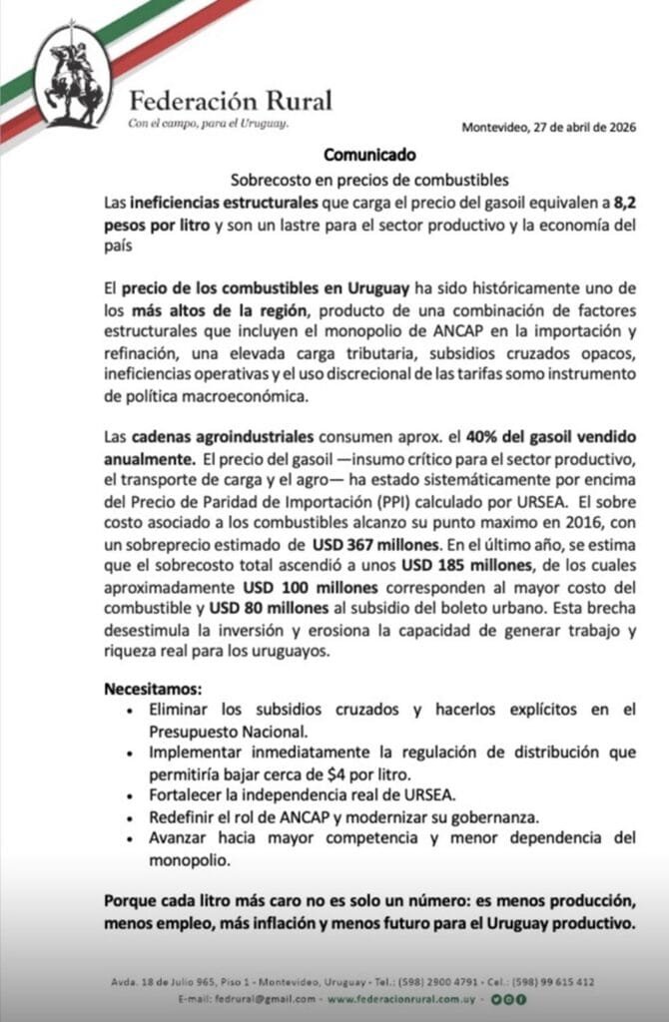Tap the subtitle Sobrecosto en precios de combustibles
tap(370, 181)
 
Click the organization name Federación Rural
tap(231, 100)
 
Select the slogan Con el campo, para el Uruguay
tap(209, 124)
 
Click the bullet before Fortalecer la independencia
tap(133, 794)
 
